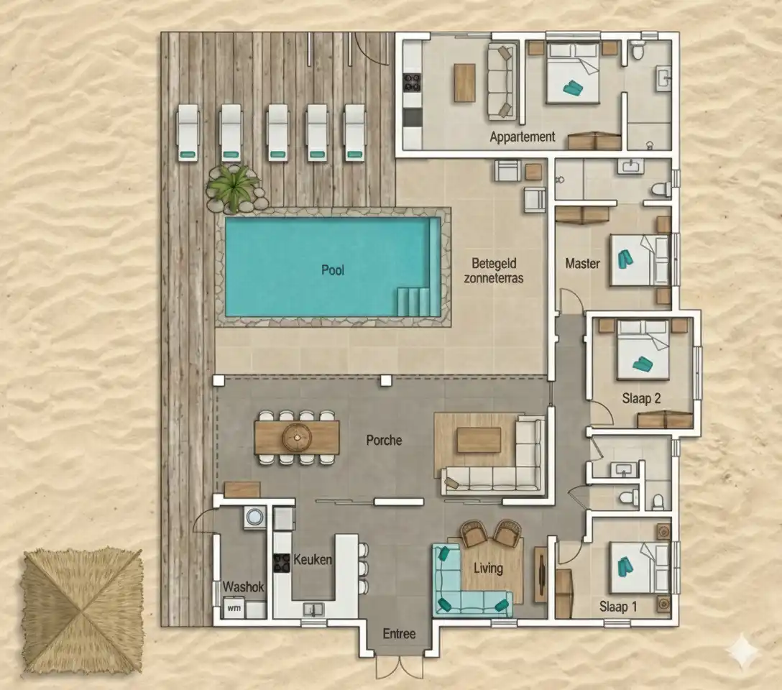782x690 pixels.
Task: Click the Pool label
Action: pyautogui.click(x=333, y=270)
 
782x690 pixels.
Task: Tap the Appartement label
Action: pyautogui.click(x=522, y=137)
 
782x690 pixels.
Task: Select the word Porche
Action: pyautogui.click(x=384, y=440)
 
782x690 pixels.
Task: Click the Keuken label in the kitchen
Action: pyautogui.click(x=313, y=559)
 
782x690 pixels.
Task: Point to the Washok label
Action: pyautogui.click(x=243, y=586)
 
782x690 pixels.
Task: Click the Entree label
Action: pyautogui.click(x=399, y=634)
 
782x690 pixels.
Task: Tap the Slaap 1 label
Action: pyautogui.click(x=618, y=607)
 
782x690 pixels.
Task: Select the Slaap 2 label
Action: pyautogui.click(x=641, y=398)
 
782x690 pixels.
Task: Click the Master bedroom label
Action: pyautogui.click(x=582, y=263)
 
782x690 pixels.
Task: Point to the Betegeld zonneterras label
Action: pyautogui.click(x=494, y=271)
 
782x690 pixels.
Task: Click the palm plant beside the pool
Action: pyautogui.click(x=233, y=188)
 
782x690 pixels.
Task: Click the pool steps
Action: pyautogui.click(x=413, y=302)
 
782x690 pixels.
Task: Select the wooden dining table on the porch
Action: pyautogui.click(x=297, y=438)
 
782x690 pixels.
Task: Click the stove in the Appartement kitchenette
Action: pyautogui.click(x=412, y=83)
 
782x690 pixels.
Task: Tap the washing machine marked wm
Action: pyautogui.click(x=234, y=609)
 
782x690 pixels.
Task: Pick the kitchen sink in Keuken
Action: pyautogui.click(x=313, y=609)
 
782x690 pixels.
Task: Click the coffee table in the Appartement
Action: pyautogui.click(x=464, y=83)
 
